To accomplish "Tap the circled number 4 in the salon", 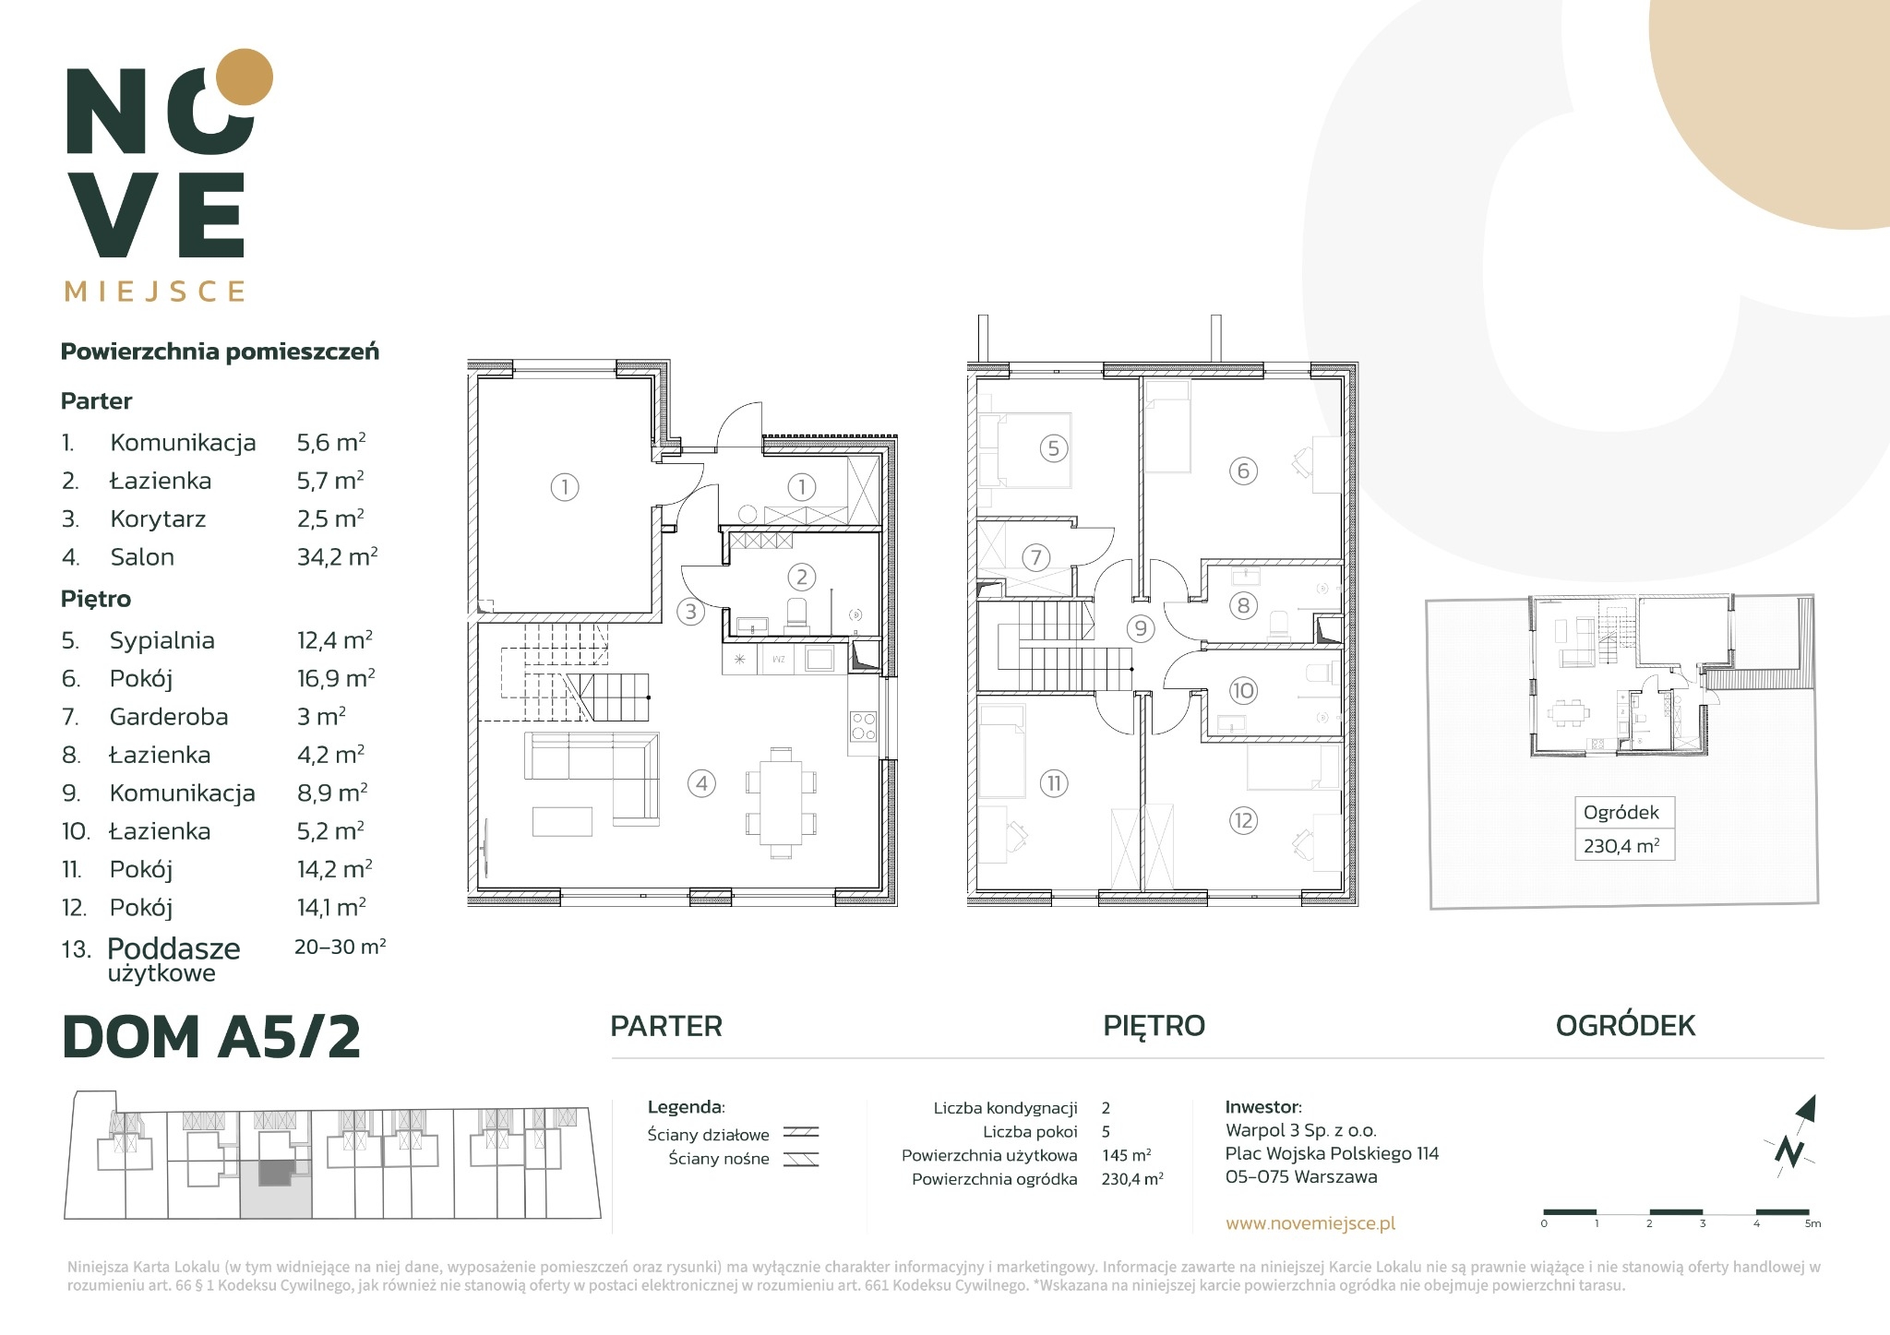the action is click(x=701, y=784).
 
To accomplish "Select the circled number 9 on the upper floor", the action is click(x=1141, y=628).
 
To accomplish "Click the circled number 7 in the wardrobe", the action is click(x=1035, y=557).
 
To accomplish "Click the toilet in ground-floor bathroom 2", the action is click(x=795, y=614).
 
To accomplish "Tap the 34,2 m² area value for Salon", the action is click(x=337, y=556).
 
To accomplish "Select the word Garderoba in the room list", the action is click(x=169, y=717).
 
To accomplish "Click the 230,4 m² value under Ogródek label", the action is click(x=1621, y=845).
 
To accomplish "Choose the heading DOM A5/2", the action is click(x=211, y=1036).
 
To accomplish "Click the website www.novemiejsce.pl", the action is click(x=1310, y=1223).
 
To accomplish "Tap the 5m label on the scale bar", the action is click(x=1813, y=1224).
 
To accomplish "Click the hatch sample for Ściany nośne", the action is click(x=801, y=1160).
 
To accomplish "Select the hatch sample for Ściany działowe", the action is click(x=801, y=1134).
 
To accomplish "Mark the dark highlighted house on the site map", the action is click(x=275, y=1174).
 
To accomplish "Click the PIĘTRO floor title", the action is click(x=1154, y=1025).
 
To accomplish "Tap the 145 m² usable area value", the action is click(x=1126, y=1155).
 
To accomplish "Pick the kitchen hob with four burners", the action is click(x=863, y=726).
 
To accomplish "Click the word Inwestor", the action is click(x=1263, y=1107).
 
